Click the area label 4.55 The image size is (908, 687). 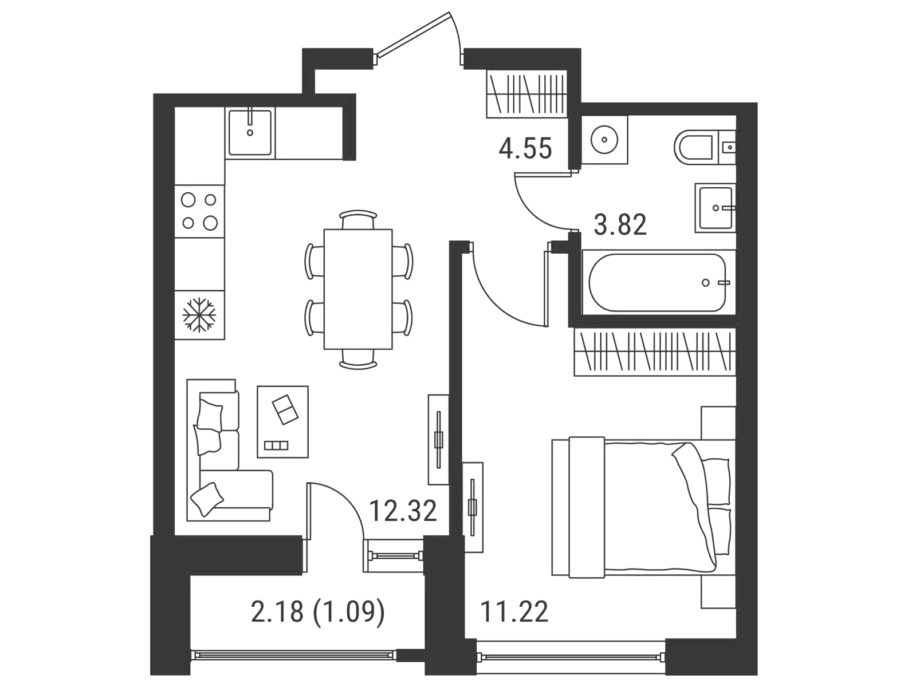tap(525, 149)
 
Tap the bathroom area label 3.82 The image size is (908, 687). tap(620, 226)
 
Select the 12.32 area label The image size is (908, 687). tap(403, 511)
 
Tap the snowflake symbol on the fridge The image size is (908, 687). tap(199, 314)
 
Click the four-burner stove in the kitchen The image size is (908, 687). tap(200, 211)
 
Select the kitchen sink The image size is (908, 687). tap(250, 132)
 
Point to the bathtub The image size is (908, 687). tap(657, 283)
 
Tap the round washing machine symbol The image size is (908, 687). tap(604, 140)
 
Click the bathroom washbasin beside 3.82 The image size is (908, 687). tap(716, 208)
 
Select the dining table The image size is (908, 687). tap(358, 289)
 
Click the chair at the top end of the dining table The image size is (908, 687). tap(358, 219)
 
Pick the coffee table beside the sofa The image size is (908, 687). tap(282, 421)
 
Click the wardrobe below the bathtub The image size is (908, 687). tap(655, 352)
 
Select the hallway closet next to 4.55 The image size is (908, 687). tap(526, 94)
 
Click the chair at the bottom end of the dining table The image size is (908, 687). tap(358, 359)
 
